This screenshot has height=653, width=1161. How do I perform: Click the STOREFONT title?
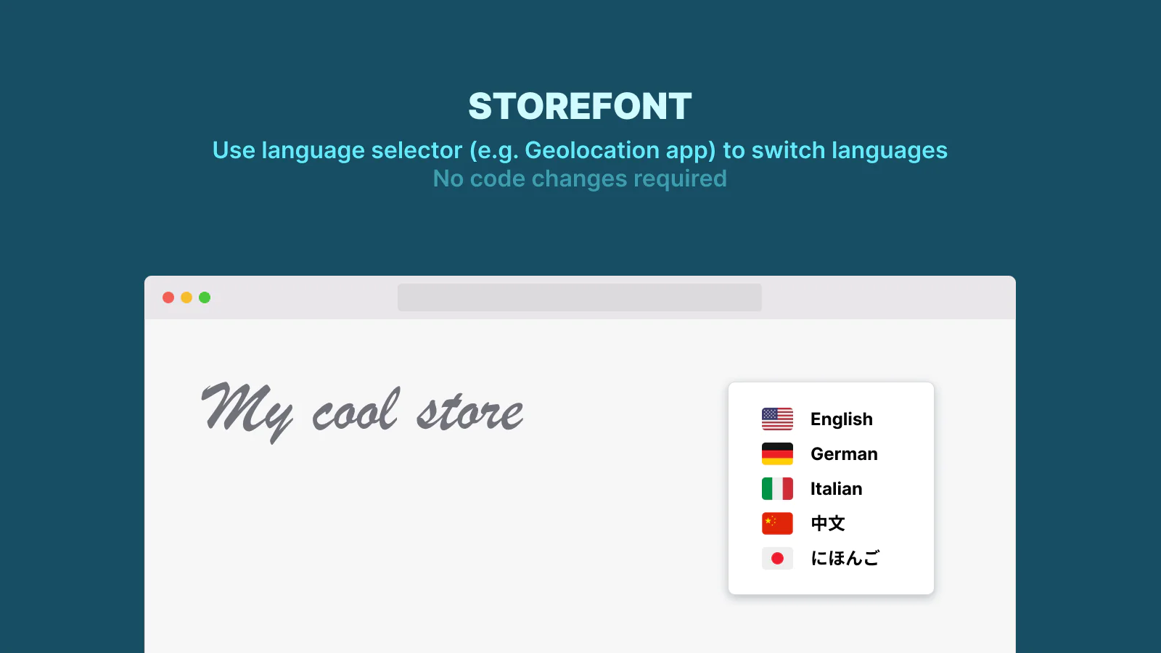coord(580,106)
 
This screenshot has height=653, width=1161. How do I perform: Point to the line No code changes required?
coord(580,178)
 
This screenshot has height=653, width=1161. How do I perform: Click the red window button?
coord(168,297)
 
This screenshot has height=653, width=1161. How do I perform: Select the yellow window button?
coord(186,297)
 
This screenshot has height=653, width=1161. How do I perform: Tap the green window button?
coord(205,297)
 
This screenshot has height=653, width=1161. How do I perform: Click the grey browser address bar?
coord(580,297)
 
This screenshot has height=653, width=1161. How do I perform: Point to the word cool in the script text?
coord(356,410)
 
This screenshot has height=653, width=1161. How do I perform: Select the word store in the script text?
coord(470,413)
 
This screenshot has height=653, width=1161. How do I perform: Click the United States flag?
coord(777,419)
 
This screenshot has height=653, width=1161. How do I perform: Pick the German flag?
coord(777,454)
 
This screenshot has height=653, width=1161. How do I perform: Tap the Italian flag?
coord(777,489)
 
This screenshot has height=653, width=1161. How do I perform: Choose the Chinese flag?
coord(777,523)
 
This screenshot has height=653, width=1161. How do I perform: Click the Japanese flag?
coord(777,558)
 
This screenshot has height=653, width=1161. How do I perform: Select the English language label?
coord(842,419)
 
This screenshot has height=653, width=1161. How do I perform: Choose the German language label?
coord(845,454)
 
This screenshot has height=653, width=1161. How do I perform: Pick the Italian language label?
coord(837,489)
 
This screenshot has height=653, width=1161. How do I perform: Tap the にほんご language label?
coord(845,558)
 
